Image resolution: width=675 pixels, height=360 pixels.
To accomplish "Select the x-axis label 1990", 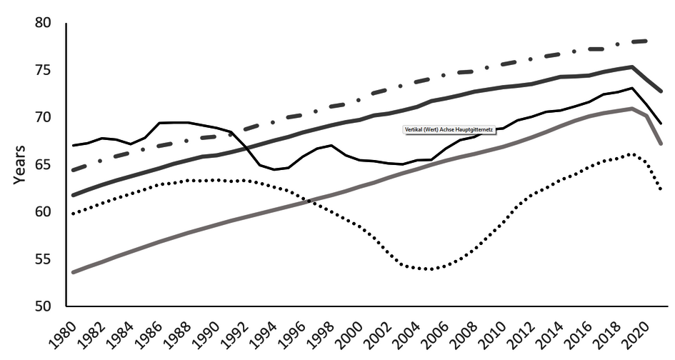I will click(x=209, y=333).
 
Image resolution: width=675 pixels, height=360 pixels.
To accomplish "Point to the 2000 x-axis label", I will click(x=354, y=333).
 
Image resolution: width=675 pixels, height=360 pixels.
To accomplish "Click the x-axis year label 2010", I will click(x=499, y=333).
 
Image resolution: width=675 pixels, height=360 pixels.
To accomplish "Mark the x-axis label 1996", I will click(x=296, y=333).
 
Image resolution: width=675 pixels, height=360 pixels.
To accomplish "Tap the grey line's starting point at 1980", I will click(x=74, y=272).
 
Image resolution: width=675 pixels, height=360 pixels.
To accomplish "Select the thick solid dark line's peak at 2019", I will click(x=632, y=66).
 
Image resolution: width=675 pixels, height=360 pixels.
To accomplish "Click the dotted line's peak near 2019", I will click(x=631, y=154).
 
